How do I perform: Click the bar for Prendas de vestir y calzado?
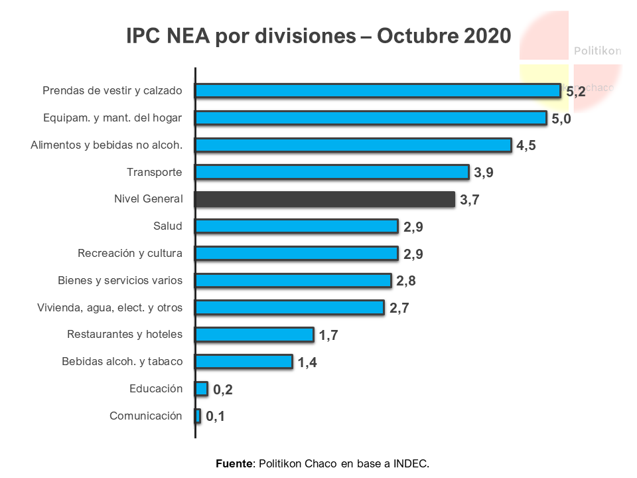click(378, 91)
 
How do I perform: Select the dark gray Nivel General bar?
click(324, 199)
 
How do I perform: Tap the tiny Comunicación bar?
click(198, 416)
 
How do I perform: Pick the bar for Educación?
click(201, 388)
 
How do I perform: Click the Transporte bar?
click(332, 172)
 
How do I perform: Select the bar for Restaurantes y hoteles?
click(254, 335)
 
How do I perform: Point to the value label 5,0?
click(561, 119)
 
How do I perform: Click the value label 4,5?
click(526, 146)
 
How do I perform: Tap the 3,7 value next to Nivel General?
click(469, 200)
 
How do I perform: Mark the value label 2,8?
click(406, 281)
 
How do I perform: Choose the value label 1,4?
click(307, 362)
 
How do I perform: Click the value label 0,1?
click(216, 417)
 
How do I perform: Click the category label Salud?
click(167, 226)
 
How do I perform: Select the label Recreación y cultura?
click(130, 253)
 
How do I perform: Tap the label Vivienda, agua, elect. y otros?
click(109, 307)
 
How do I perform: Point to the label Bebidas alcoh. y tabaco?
click(122, 362)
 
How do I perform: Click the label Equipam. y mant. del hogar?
click(112, 118)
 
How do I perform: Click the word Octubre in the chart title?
click(414, 36)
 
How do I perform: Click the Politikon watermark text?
click(597, 50)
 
